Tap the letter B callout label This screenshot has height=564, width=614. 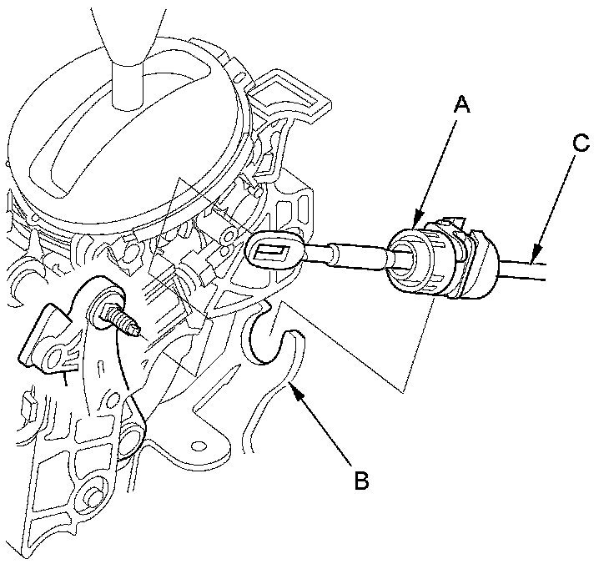pyautogui.click(x=361, y=481)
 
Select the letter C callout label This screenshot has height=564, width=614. pyautogui.click(x=581, y=143)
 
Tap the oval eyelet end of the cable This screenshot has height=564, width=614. pyautogui.click(x=274, y=249)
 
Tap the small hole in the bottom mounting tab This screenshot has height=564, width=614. pyautogui.click(x=200, y=444)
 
